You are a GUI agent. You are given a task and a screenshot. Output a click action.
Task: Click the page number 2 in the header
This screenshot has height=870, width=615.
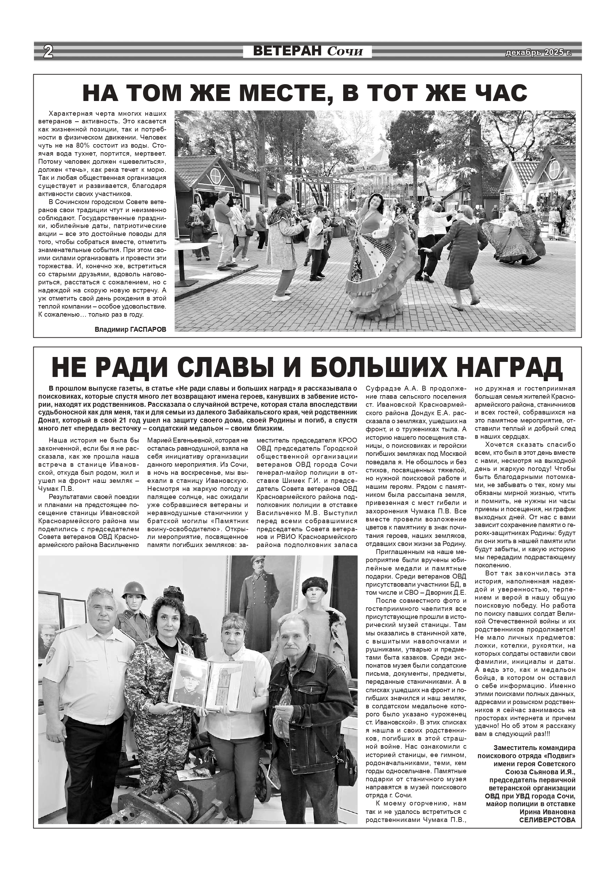click(x=48, y=51)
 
